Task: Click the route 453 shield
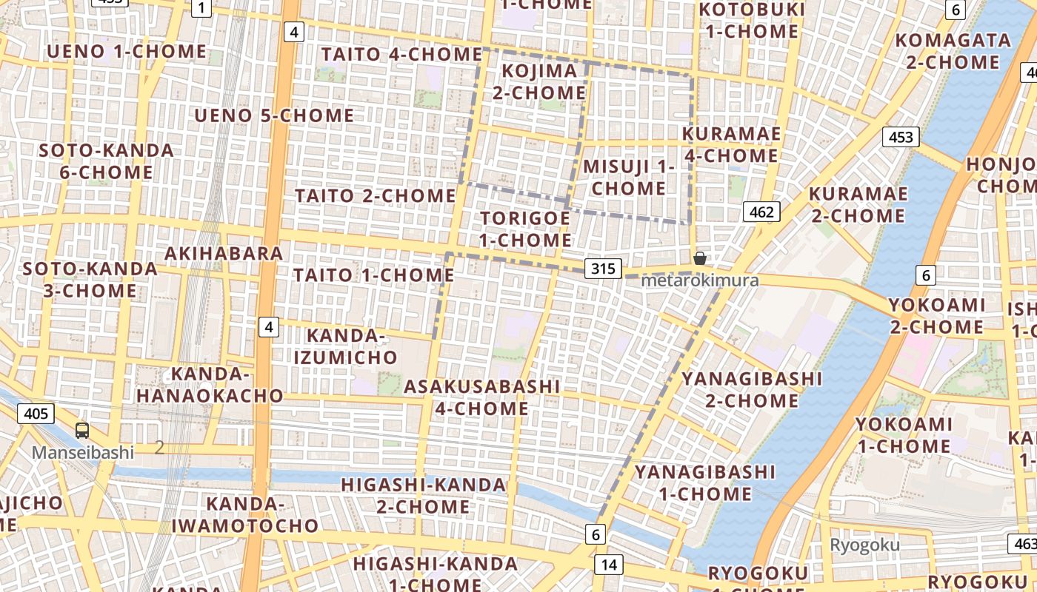(901, 137)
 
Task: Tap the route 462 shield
(761, 213)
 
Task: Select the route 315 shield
(604, 269)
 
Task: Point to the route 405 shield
(36, 413)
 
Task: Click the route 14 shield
(609, 565)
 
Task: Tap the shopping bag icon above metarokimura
(699, 258)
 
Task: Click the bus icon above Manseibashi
(82, 431)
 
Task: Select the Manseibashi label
(82, 452)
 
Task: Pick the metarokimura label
(699, 280)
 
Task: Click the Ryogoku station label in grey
(864, 545)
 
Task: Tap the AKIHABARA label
(224, 253)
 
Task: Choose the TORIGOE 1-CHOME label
(524, 229)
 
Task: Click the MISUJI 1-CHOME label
(629, 177)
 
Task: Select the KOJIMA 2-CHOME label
(539, 81)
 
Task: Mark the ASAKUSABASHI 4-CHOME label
(481, 397)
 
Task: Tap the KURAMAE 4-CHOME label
(731, 144)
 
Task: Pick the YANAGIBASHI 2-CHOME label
(751, 390)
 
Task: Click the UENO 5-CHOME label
(274, 115)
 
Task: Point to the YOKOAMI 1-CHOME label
(904, 435)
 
